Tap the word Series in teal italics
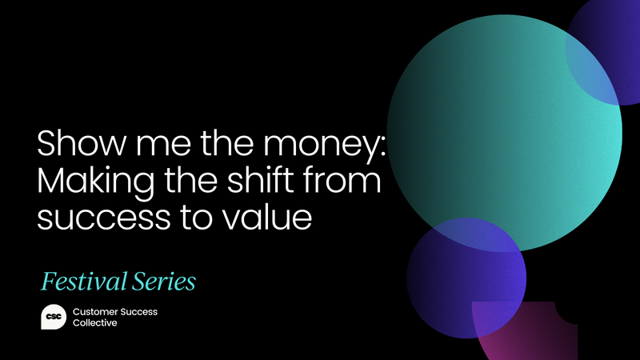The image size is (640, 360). [166, 282]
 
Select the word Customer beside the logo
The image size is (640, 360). [95, 311]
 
